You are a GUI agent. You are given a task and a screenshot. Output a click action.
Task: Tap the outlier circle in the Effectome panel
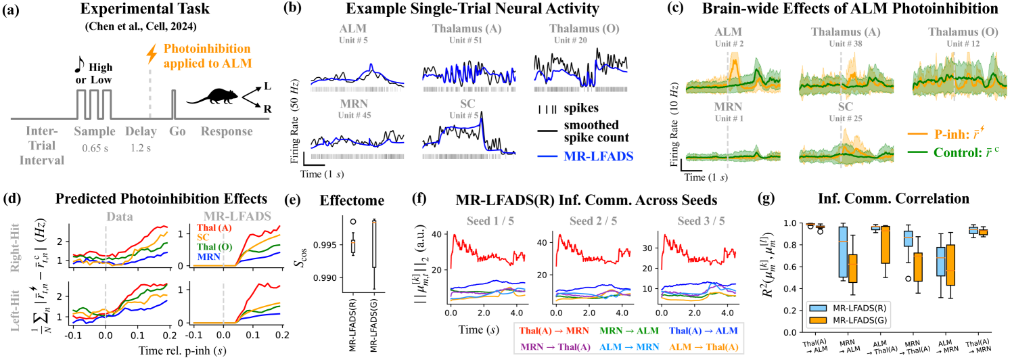(352, 221)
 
